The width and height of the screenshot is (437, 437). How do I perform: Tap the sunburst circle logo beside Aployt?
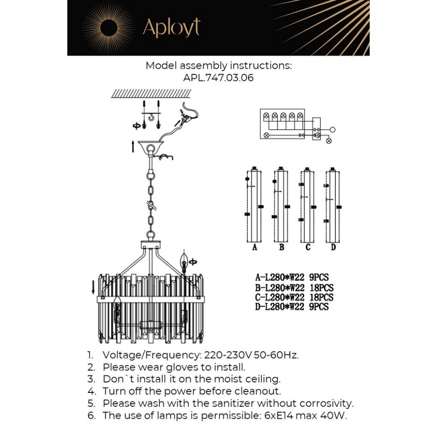point(109,28)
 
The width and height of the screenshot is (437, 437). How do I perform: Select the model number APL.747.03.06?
point(218,77)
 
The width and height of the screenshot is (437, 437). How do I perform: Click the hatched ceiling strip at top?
point(151,93)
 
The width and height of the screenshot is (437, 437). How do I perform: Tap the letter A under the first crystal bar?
point(255,247)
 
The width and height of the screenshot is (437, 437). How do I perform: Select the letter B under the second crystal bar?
point(282,247)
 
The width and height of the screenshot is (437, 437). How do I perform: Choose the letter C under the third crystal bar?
point(308,247)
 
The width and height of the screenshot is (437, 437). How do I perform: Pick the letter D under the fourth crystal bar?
point(333,247)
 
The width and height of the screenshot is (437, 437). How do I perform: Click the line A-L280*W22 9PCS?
point(291,278)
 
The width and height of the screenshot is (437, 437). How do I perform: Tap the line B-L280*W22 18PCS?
point(294,288)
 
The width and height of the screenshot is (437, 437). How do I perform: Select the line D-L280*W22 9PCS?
point(291,307)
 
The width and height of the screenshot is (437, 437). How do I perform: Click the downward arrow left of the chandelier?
point(93,286)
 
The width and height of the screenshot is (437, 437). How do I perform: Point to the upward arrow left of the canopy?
point(133,146)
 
